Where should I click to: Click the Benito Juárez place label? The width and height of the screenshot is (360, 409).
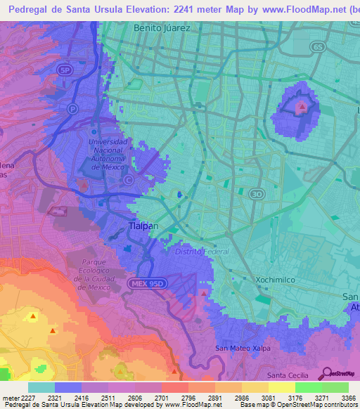click(163, 29)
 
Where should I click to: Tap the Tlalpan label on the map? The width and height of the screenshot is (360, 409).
click(145, 226)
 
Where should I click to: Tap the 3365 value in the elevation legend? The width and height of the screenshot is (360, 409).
click(347, 398)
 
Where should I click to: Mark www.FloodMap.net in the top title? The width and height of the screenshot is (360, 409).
click(291, 9)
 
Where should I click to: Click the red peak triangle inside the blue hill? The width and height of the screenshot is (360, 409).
click(301, 107)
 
